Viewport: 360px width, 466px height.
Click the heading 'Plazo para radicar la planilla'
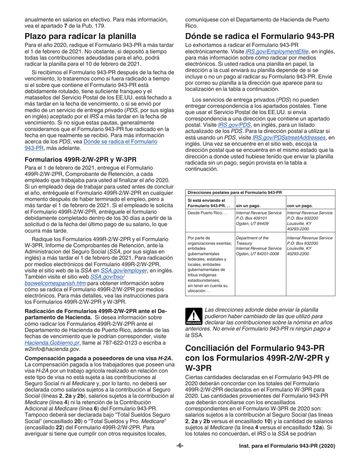[80, 37]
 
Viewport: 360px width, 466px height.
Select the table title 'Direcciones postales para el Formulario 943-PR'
[235, 192]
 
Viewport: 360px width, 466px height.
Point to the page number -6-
[180, 446]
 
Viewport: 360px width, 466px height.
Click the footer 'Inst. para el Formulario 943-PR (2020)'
[287, 446]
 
